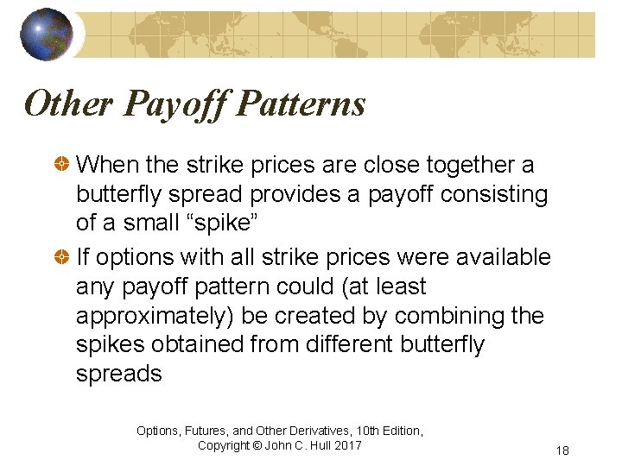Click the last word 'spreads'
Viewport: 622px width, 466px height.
[119, 374]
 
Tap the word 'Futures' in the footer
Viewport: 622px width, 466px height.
[212, 430]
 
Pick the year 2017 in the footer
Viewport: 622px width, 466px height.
[347, 445]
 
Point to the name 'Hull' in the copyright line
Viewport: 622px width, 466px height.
[317, 445]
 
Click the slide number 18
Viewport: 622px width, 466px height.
[563, 450]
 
